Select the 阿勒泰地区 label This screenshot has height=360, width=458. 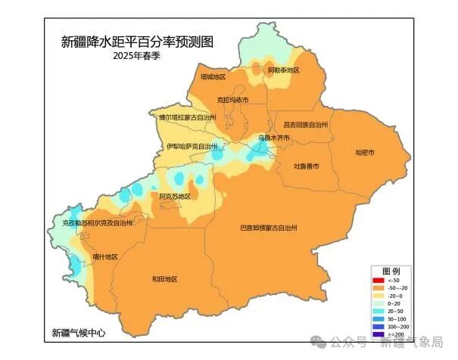coord(284,70)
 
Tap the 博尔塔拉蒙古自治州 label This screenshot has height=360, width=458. coord(187,118)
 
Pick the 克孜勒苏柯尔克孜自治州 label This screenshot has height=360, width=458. coord(97,224)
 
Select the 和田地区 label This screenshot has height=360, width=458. coord(164,279)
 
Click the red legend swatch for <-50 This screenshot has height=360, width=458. coord(377,281)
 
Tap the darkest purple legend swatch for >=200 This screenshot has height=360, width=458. coord(377,334)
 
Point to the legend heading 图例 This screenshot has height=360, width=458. coord(391,271)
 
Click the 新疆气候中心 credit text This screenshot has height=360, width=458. coord(79,333)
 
